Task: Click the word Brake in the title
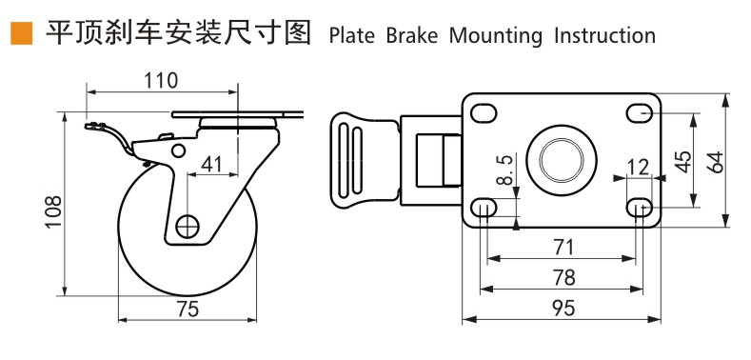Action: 411,36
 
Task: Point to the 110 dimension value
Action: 161,80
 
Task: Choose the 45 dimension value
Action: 682,160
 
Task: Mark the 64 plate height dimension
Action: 716,160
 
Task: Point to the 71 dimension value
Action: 563,247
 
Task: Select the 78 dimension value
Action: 563,277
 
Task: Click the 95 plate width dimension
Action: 563,308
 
